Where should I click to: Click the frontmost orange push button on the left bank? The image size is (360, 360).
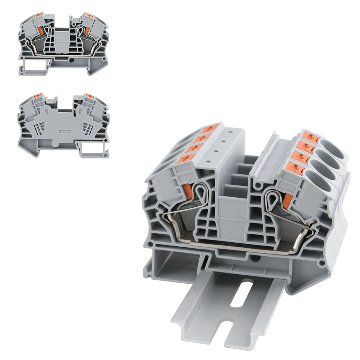[x=188, y=159]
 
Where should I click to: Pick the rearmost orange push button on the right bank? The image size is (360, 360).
[x=309, y=136]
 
